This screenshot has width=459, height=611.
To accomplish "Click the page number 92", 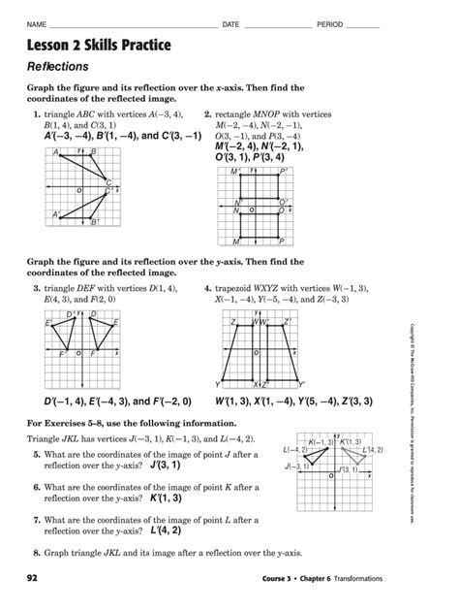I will tap(34, 579).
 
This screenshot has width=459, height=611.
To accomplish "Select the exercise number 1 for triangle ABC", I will tap(36, 113).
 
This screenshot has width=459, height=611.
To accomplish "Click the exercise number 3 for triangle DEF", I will tap(36, 288).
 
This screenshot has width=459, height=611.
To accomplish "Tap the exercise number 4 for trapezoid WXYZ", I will tap(207, 288).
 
